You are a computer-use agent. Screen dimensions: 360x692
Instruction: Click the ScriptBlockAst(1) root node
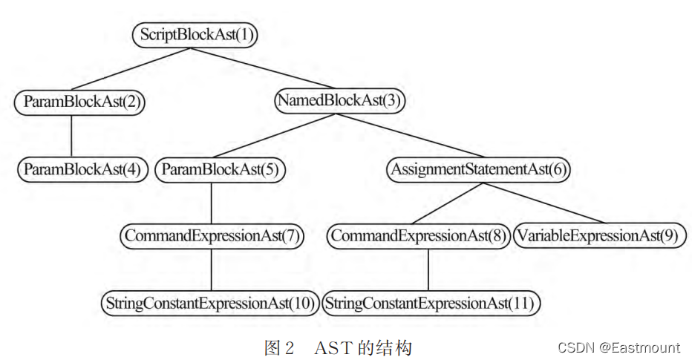pos(195,35)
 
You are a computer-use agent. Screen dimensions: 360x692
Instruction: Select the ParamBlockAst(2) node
pos(79,102)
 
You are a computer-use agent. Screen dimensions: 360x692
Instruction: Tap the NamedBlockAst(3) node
pos(339,102)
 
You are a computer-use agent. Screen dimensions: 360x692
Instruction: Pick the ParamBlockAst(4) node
pos(82,169)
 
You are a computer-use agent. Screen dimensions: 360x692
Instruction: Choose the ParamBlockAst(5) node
pos(221,169)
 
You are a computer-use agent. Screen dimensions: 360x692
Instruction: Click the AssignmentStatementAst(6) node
pos(478,169)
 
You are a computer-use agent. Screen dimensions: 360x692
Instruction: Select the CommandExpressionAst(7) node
pos(212,236)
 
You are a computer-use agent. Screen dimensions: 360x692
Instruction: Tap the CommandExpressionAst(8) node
pos(418,236)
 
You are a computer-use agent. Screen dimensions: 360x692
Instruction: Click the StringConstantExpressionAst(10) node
pos(211,303)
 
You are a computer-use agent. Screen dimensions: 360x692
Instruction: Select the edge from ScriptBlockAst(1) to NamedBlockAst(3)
pos(264,68)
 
